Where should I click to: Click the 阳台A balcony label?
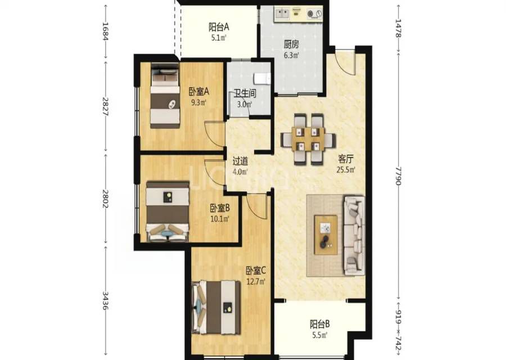click(219, 26)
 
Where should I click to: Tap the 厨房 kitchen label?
click(291, 44)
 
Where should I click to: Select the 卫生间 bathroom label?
click(245, 93)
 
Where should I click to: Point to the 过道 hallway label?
click(241, 161)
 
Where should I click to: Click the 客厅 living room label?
click(346, 159)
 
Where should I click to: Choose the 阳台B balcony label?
click(320, 324)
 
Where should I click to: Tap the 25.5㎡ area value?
click(346, 170)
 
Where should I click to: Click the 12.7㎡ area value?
click(256, 282)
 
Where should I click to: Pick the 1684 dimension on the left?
click(105, 31)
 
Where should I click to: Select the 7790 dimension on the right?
click(398, 176)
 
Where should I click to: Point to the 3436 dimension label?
click(105, 300)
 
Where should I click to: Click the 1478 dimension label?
click(398, 29)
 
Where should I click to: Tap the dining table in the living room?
click(308, 139)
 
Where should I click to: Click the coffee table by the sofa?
click(326, 235)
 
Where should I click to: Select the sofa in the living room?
click(354, 236)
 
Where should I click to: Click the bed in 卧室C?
click(216, 308)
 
